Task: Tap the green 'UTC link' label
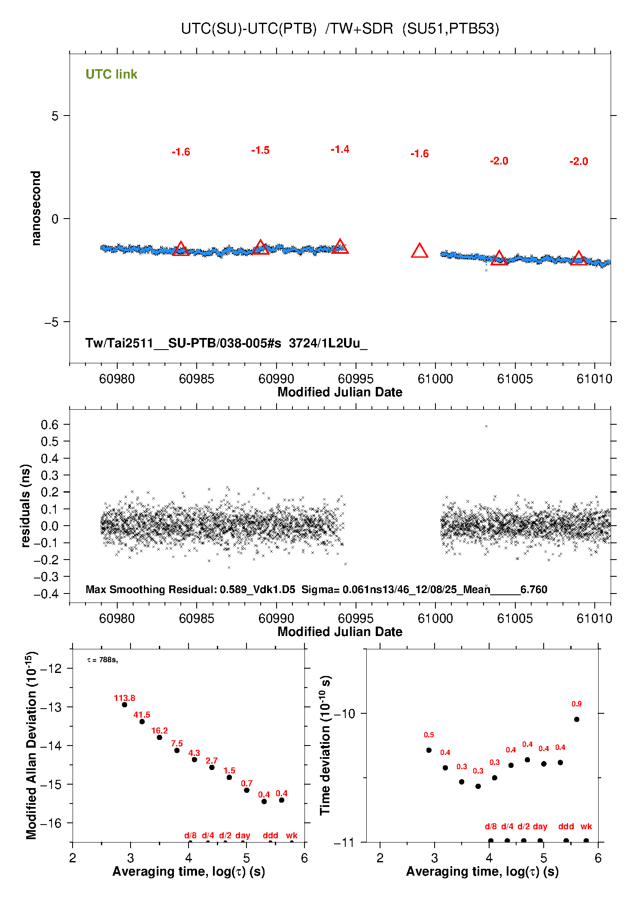(111, 74)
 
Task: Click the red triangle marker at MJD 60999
(420, 251)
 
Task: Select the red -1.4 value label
(340, 149)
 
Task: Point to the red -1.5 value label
(260, 150)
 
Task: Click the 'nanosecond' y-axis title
(36, 208)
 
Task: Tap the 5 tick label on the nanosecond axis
(55, 116)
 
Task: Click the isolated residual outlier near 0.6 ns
(486, 426)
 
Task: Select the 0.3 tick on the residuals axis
(49, 475)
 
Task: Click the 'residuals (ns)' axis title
(26, 505)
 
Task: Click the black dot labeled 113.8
(125, 705)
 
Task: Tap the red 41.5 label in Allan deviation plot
(142, 715)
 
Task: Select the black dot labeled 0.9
(577, 719)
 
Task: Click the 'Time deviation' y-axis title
(326, 745)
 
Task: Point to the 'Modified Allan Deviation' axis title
(31, 745)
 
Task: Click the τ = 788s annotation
(102, 660)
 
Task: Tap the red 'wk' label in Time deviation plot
(586, 826)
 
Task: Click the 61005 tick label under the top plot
(515, 379)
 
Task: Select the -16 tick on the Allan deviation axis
(51, 823)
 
